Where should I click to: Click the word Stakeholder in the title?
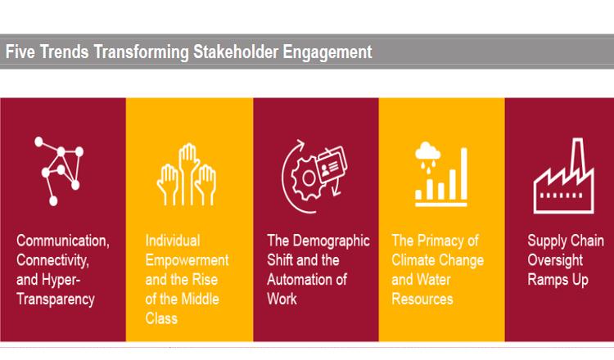pos(236,52)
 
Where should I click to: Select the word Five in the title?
pos(20,52)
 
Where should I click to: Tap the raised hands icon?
pos(187,174)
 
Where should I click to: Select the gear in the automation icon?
pos(308,178)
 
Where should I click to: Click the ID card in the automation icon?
pos(331,164)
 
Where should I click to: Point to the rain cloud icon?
pos(427,157)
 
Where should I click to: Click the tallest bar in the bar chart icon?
pos(463,173)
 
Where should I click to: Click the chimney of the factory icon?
pos(578,156)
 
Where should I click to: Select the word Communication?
pos(63,241)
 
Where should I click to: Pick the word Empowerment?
pos(187,261)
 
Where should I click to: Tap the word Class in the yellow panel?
pos(161,318)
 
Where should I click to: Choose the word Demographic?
pos(332,241)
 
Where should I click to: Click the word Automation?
pos(300,279)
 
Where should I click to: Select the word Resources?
pos(422,299)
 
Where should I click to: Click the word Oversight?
pos(555,260)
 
